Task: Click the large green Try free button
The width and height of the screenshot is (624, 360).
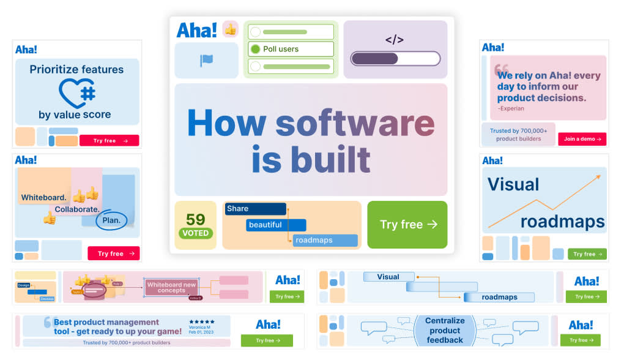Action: [407, 225]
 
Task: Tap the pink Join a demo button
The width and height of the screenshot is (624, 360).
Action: [582, 139]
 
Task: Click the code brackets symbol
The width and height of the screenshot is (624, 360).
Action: [395, 40]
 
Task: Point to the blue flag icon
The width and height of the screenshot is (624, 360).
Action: [206, 61]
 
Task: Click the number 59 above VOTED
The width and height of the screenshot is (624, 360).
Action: [195, 219]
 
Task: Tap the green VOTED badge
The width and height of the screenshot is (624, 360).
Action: [196, 233]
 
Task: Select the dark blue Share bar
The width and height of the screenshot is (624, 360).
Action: [255, 209]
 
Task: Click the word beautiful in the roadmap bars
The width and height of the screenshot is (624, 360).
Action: [275, 225]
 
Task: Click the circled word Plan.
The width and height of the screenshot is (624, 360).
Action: [111, 220]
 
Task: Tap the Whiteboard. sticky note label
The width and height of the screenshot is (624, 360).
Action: [43, 198]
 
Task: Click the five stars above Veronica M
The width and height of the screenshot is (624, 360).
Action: [202, 321]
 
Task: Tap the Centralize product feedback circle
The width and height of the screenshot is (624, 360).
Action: [445, 330]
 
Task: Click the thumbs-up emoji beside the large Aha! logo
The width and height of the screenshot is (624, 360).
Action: [230, 29]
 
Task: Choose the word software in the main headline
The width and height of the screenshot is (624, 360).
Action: [355, 123]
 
